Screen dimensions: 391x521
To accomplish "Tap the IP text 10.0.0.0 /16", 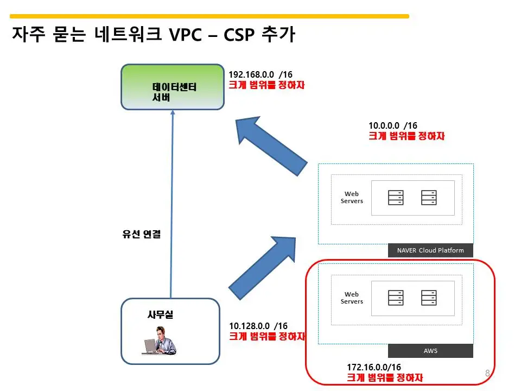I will point(393,125).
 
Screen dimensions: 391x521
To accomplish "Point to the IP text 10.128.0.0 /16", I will point(258,326).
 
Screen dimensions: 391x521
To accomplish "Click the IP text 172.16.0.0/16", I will point(374,368).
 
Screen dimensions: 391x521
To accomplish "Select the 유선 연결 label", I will point(142,235).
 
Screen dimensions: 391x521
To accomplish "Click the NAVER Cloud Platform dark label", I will point(430,250).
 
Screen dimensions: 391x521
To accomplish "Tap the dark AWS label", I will point(430,351).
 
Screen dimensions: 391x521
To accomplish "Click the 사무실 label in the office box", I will point(160,314).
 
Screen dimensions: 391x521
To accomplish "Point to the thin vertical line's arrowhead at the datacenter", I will point(173,113).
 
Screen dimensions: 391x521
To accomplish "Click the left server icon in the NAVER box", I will point(396,197).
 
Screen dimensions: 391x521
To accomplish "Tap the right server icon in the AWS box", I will point(429,298).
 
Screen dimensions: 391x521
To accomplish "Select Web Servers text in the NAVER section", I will point(351,197).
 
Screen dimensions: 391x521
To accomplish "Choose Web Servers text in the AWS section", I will point(351,298).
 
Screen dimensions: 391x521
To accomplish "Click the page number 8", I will point(487,373).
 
